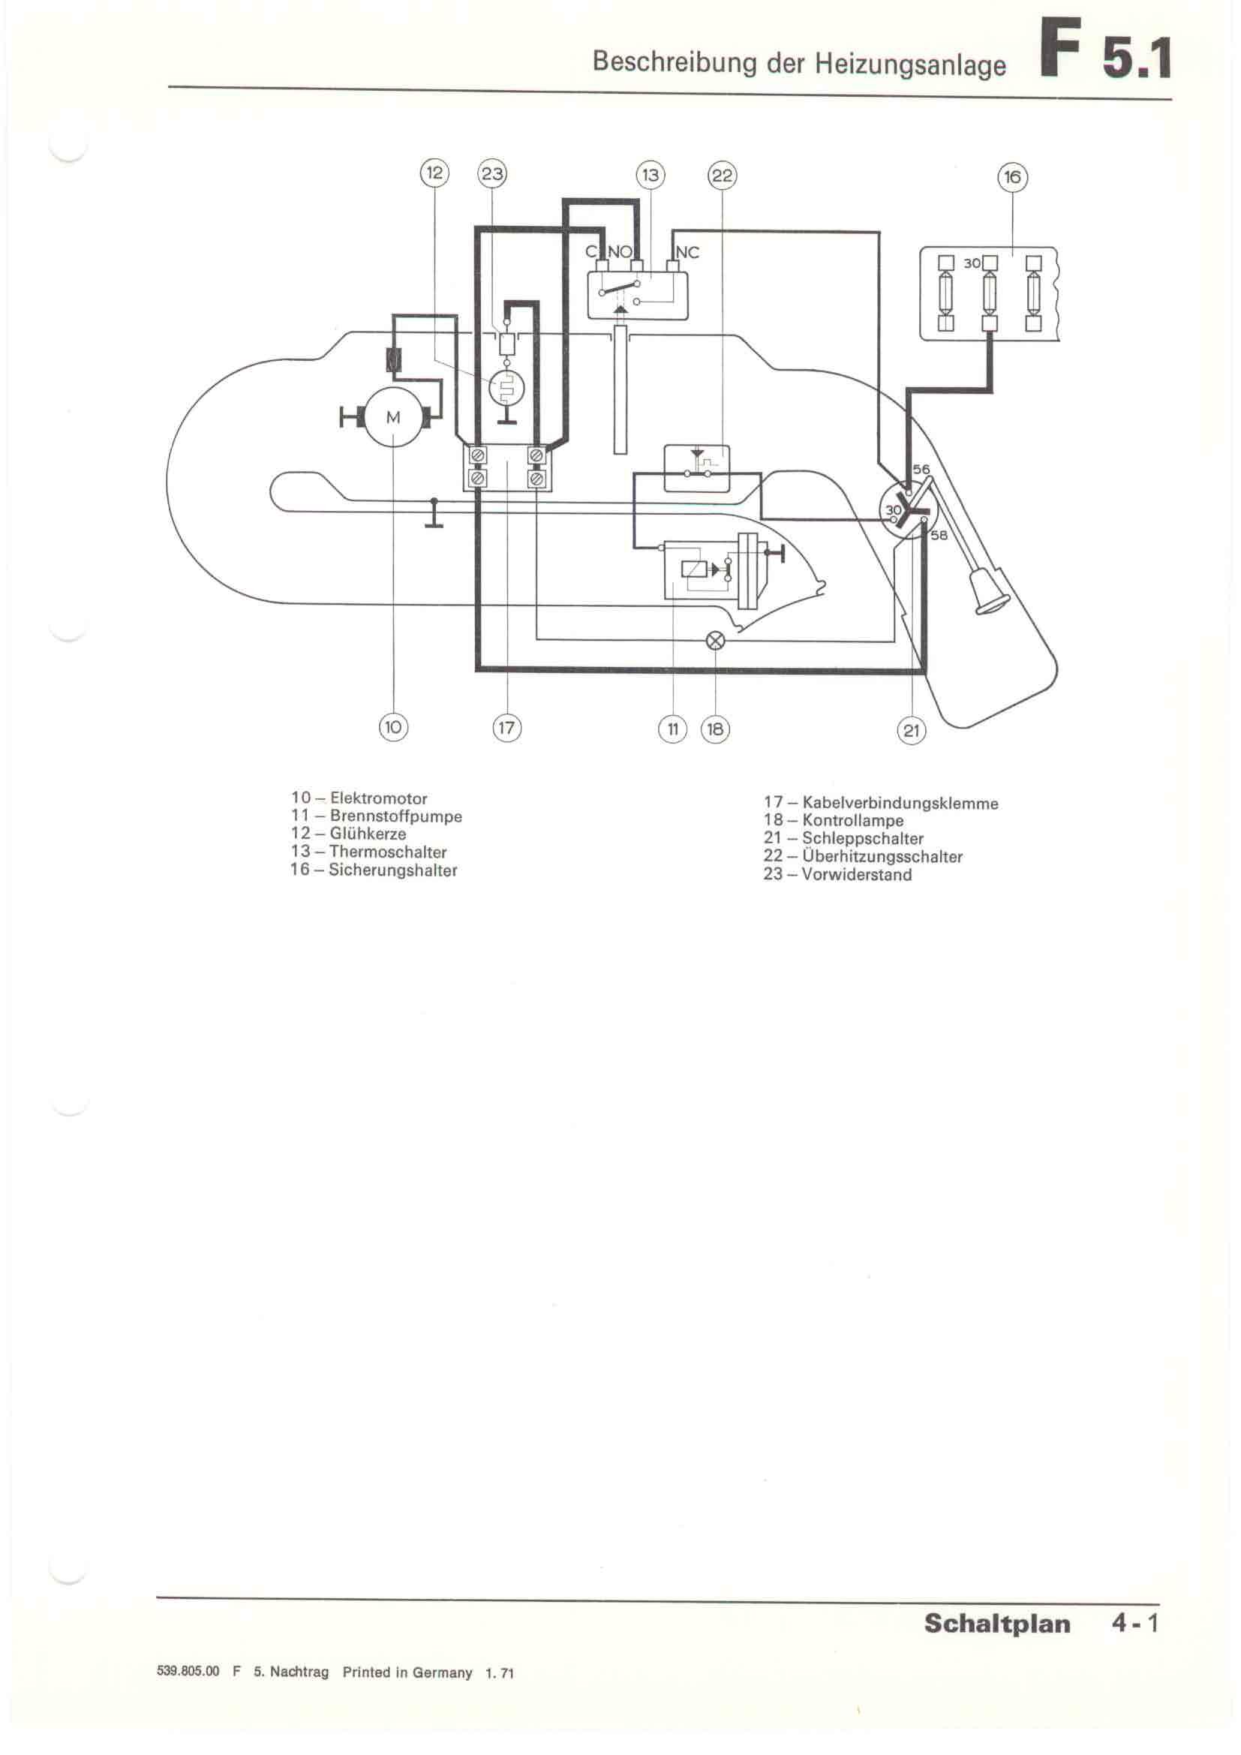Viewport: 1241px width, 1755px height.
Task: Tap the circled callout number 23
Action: click(x=491, y=173)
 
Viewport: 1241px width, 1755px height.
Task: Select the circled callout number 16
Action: click(x=1012, y=177)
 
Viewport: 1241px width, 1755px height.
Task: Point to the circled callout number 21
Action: click(x=911, y=730)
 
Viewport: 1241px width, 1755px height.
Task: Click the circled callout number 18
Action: click(x=715, y=729)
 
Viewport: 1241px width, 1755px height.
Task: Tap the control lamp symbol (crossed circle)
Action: click(x=716, y=641)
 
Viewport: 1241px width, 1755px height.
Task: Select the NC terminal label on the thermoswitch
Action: click(x=687, y=252)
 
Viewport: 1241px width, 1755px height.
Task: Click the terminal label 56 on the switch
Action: click(x=921, y=469)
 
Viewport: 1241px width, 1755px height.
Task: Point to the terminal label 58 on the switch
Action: click(x=939, y=535)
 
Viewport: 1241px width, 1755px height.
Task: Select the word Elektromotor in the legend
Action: click(x=378, y=799)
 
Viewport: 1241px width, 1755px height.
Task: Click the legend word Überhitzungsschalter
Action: click(x=882, y=857)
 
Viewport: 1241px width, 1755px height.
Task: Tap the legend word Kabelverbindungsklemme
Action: click(x=900, y=804)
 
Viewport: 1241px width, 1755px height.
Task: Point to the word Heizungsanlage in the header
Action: click(x=910, y=65)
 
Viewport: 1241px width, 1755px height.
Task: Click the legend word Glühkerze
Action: click(x=368, y=834)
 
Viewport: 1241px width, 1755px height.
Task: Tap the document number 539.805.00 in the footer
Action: click(x=188, y=1671)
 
